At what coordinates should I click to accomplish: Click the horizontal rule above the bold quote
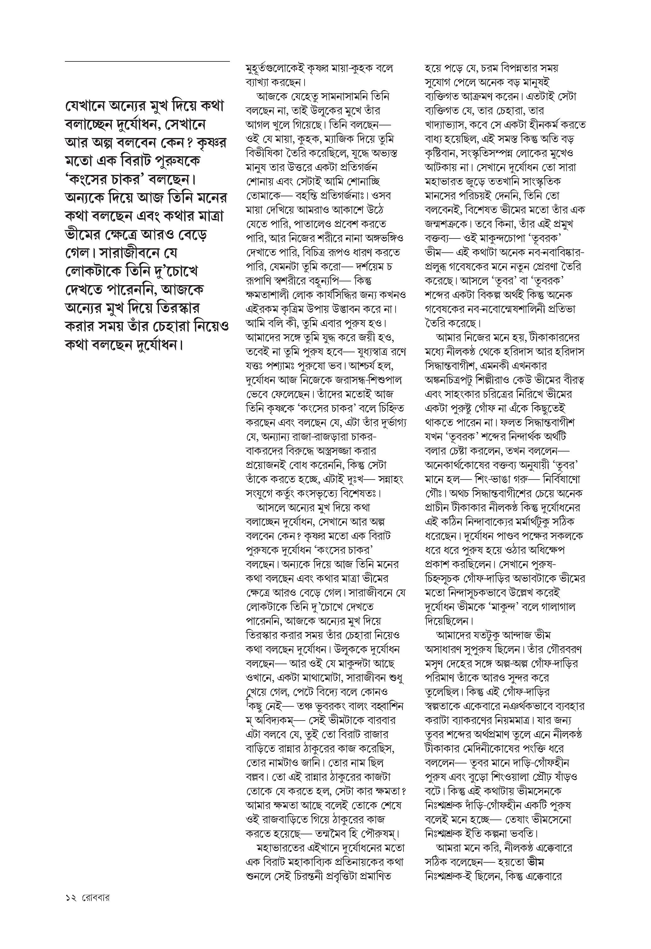[x=147, y=61]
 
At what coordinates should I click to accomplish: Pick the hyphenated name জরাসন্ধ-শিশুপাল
[x=367, y=379]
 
